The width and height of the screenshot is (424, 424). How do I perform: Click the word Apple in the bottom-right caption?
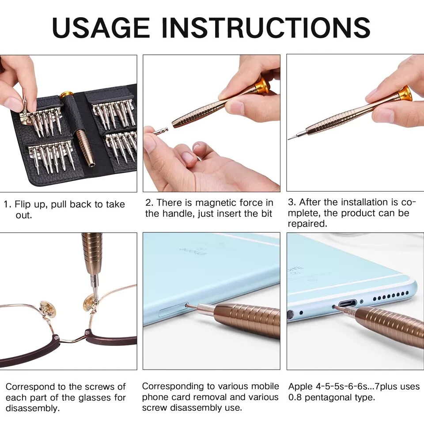click(x=300, y=386)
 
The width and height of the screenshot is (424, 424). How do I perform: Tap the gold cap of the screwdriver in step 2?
click(x=263, y=86)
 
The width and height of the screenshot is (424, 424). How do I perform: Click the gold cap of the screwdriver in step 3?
click(x=405, y=93)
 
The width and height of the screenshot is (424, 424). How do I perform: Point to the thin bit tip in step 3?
click(x=294, y=136)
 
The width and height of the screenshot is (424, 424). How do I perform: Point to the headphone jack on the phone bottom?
click(x=290, y=315)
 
